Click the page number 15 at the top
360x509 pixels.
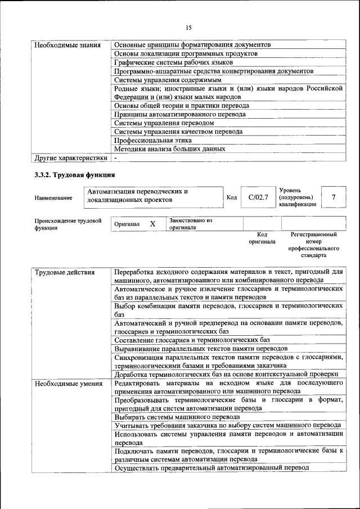(188, 28)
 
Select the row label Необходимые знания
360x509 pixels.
(67, 44)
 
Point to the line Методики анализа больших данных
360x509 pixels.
(169, 149)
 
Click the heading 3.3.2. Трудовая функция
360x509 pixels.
(75, 175)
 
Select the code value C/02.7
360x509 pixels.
(258, 197)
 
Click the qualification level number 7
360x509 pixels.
(334, 197)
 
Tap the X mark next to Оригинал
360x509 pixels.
(152, 224)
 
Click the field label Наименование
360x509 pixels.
(53, 198)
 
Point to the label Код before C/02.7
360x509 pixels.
(231, 197)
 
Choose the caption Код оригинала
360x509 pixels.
(262, 238)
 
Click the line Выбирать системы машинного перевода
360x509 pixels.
(177, 417)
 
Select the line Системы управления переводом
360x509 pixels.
(164, 123)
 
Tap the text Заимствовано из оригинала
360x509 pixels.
(191, 224)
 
